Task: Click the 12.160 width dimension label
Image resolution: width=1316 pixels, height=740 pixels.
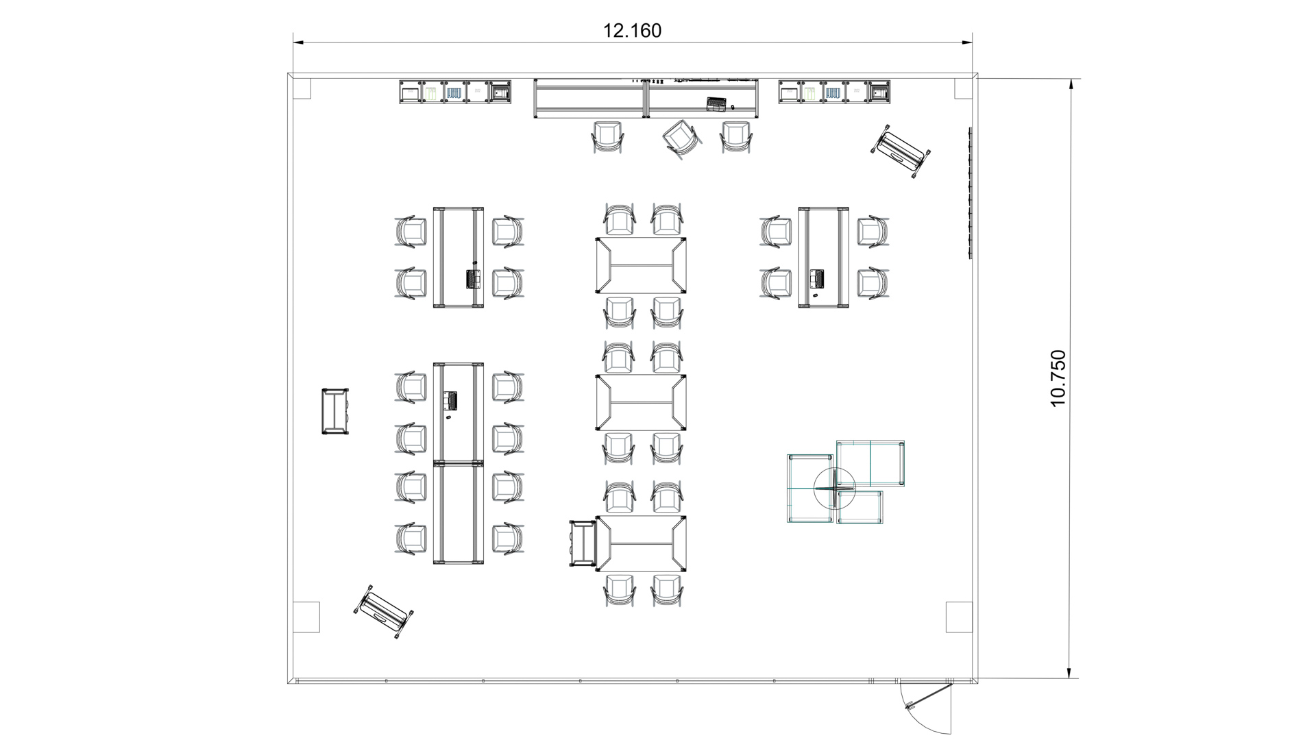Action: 632,31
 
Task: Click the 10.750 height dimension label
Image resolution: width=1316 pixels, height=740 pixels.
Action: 1058,378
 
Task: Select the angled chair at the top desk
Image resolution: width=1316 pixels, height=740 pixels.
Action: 682,139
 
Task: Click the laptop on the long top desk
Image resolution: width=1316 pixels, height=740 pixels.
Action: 716,103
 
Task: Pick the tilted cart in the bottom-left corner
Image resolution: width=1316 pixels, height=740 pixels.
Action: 384,613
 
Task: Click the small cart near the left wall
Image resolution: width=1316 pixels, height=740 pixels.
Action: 336,411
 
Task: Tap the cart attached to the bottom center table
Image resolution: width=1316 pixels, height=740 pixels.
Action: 583,543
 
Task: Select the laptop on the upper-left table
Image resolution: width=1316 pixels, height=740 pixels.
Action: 473,279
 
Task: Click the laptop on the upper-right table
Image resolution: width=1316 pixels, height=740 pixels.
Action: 816,279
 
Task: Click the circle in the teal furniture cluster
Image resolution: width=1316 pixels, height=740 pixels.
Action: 834,487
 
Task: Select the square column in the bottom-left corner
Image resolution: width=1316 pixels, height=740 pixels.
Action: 306,617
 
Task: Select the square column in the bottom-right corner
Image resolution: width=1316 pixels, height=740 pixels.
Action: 958,617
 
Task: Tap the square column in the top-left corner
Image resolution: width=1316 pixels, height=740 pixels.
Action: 302,88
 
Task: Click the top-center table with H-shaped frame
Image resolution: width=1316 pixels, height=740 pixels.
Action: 641,265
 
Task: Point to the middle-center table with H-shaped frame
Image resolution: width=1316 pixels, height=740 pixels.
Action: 641,402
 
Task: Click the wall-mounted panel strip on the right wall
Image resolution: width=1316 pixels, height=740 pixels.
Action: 970,193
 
